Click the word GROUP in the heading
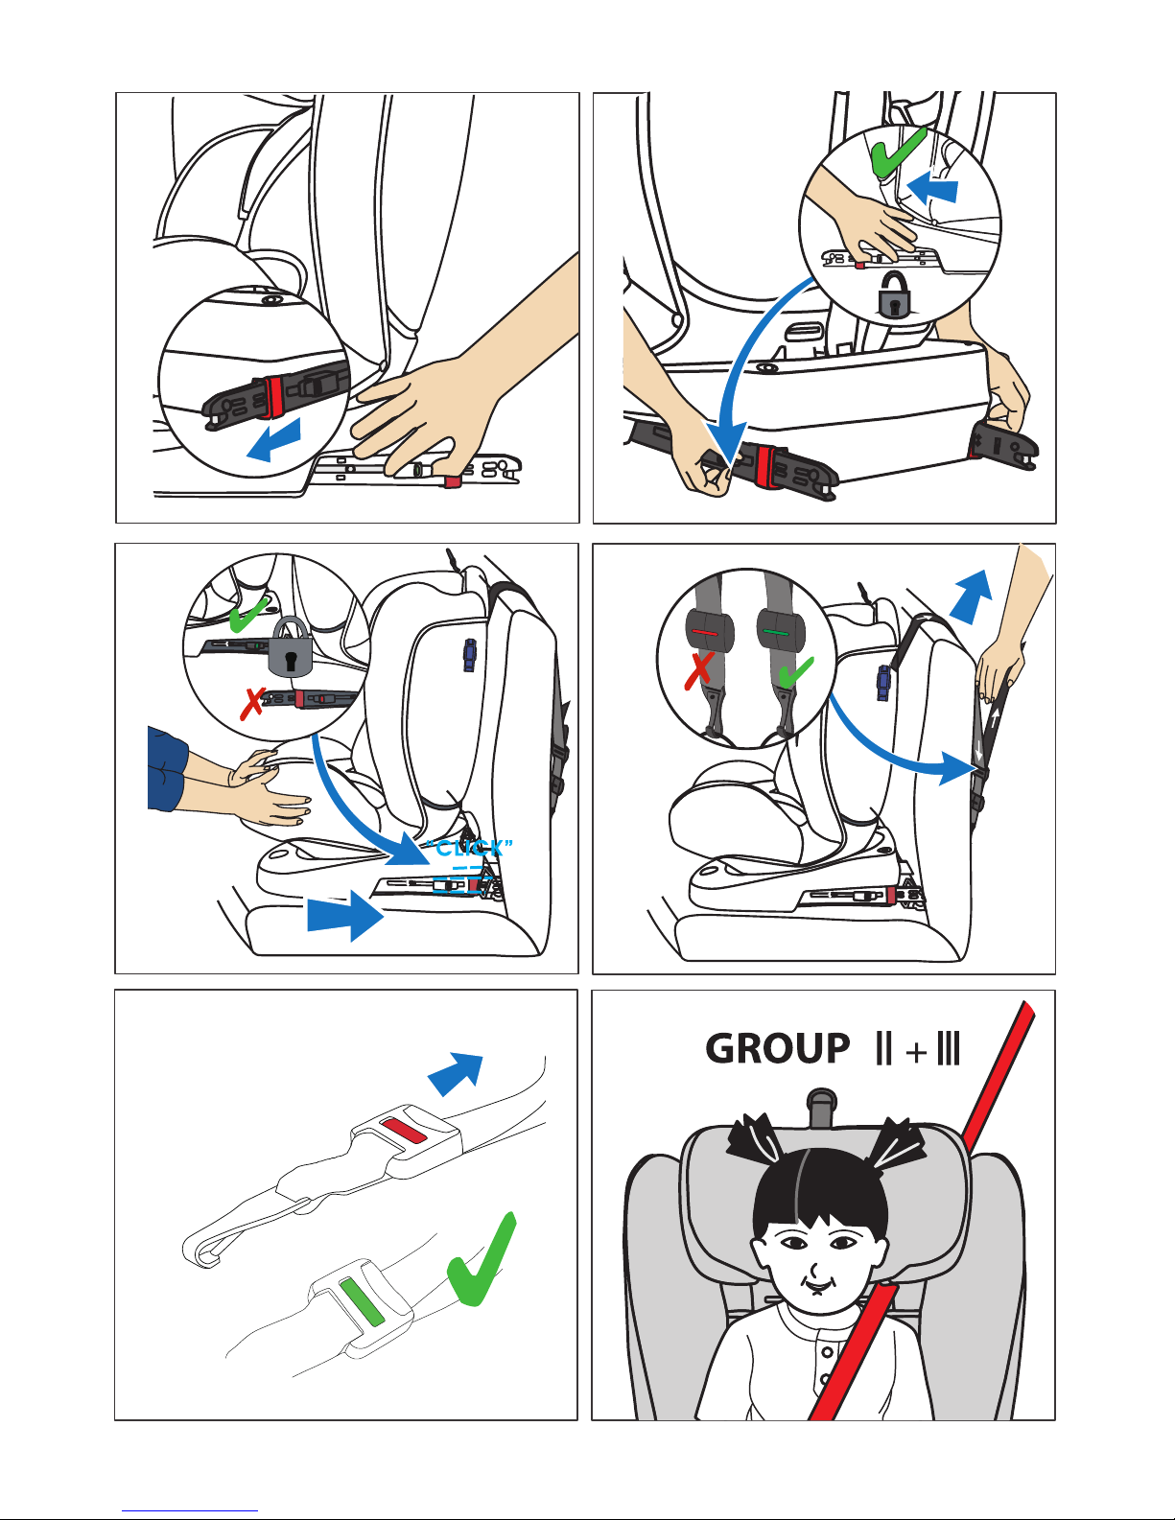pos(777,1049)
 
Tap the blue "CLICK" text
pos(470,849)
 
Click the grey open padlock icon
pos(895,294)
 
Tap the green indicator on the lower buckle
pos(362,1301)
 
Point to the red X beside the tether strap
pos(699,670)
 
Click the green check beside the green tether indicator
pos(795,672)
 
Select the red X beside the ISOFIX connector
pos(251,703)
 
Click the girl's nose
pos(813,1268)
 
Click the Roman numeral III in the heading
pos(948,1049)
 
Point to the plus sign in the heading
pos(915,1051)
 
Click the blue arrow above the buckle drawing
pos(456,1074)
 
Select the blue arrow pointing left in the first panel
pos(273,440)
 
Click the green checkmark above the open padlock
pos(899,152)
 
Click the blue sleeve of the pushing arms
pos(167,769)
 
